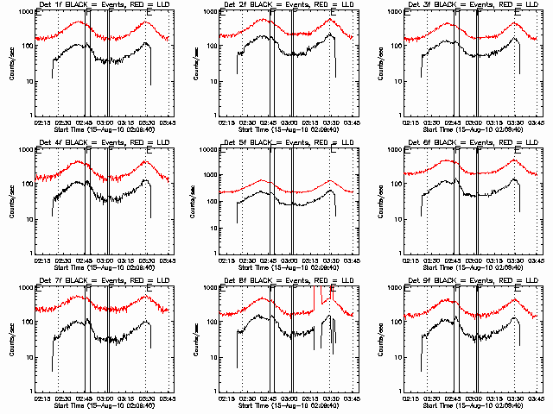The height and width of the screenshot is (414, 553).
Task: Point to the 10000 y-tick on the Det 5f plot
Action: point(207,150)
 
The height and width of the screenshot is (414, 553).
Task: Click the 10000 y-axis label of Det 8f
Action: point(207,288)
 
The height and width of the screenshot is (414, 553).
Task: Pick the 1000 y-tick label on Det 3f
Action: point(396,12)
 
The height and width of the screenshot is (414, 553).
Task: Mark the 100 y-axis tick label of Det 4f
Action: point(28,185)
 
